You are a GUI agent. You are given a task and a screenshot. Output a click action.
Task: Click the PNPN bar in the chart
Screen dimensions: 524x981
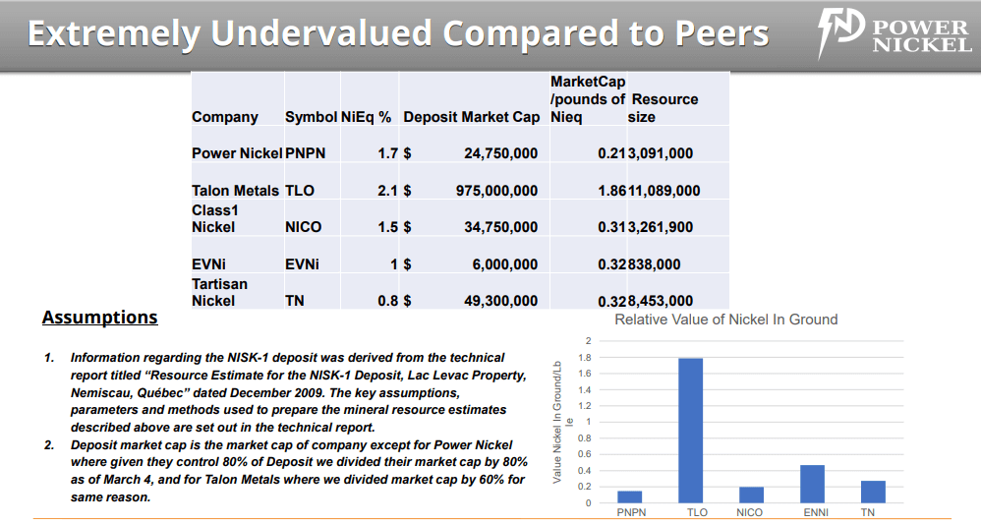pyautogui.click(x=629, y=496)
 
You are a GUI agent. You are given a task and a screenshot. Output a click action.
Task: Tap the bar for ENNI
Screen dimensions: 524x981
pyautogui.click(x=812, y=484)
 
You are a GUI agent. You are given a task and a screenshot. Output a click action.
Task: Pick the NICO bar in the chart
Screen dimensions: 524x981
pyautogui.click(x=751, y=495)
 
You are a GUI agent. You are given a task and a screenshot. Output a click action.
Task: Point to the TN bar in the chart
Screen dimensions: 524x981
pyautogui.click(x=873, y=492)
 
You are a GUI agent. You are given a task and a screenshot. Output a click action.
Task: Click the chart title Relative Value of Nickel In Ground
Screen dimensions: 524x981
pyautogui.click(x=725, y=320)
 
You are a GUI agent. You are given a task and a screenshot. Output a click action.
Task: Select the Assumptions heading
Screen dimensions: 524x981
pyautogui.click(x=99, y=318)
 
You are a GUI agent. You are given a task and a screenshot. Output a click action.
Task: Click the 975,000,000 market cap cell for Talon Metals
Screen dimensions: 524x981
pyautogui.click(x=496, y=191)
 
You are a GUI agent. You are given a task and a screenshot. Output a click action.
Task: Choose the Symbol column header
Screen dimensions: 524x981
pyautogui.click(x=310, y=117)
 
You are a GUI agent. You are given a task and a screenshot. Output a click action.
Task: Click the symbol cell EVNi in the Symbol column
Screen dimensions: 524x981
pyautogui.click(x=302, y=264)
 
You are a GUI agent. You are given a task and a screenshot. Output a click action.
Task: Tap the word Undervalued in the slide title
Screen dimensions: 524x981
pyautogui.click(x=320, y=34)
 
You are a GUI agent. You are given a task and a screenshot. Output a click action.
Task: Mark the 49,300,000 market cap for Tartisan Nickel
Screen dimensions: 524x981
pyautogui.click(x=500, y=301)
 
